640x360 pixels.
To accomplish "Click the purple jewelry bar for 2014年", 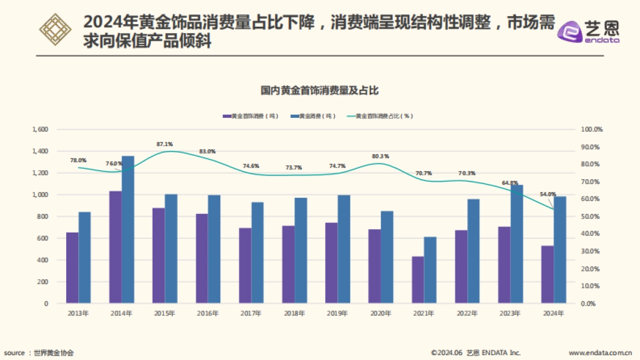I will (115, 247).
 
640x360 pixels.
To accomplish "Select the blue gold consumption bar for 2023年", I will (517, 244).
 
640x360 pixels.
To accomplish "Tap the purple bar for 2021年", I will (418, 279).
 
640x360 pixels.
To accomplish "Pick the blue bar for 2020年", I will (387, 257).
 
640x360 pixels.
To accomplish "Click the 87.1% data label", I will (164, 144).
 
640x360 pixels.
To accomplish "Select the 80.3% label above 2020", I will (380, 156).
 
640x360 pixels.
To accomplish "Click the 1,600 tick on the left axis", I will (40, 130).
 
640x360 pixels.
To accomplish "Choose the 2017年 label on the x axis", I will (251, 314).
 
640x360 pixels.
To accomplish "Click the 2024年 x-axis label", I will (554, 314).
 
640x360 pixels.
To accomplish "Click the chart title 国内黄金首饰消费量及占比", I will (319, 91).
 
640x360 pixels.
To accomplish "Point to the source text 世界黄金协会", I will (53, 353).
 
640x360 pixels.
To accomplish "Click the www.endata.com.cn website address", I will (600, 353).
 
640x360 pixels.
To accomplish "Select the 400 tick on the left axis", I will (42, 260).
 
